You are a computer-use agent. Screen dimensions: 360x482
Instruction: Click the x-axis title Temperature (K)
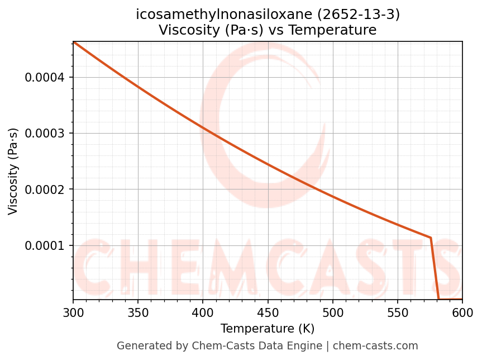tap(268, 329)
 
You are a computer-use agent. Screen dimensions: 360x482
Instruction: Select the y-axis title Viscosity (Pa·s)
tap(13, 171)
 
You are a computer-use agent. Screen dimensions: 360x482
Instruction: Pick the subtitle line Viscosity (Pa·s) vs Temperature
tap(268, 30)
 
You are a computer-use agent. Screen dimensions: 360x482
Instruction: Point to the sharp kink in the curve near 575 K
tap(431, 238)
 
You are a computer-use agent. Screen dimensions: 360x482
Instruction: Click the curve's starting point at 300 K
tap(73, 42)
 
